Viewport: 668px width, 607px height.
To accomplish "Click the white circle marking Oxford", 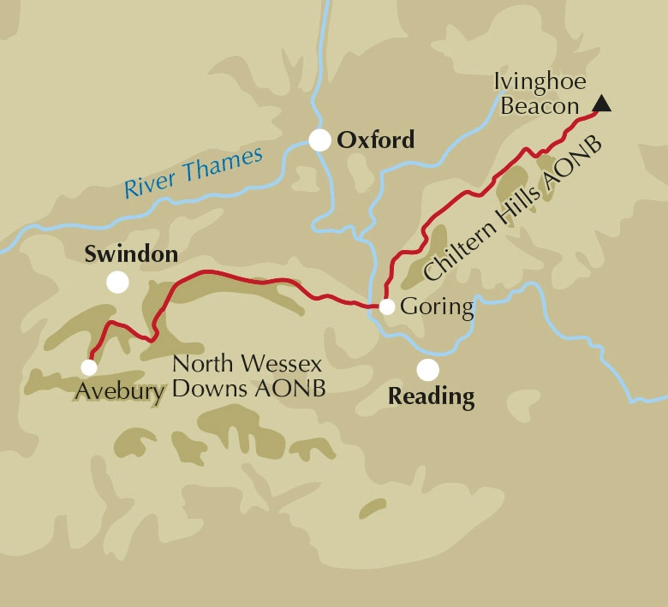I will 319,140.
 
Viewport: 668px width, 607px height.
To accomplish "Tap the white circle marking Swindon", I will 117,283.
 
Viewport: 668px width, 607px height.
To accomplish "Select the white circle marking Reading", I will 427,370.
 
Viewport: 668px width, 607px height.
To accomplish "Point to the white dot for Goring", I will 387,306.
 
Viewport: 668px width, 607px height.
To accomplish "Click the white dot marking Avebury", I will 89,367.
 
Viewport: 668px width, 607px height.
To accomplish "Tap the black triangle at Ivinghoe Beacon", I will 602,104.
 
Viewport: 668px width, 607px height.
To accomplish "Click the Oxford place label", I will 376,140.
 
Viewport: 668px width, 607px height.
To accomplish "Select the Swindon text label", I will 131,254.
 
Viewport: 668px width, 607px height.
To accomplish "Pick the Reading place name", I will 431,397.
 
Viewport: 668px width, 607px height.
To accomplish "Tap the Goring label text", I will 437,307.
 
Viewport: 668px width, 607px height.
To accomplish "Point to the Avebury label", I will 118,391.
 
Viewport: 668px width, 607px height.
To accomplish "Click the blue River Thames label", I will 194,172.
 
